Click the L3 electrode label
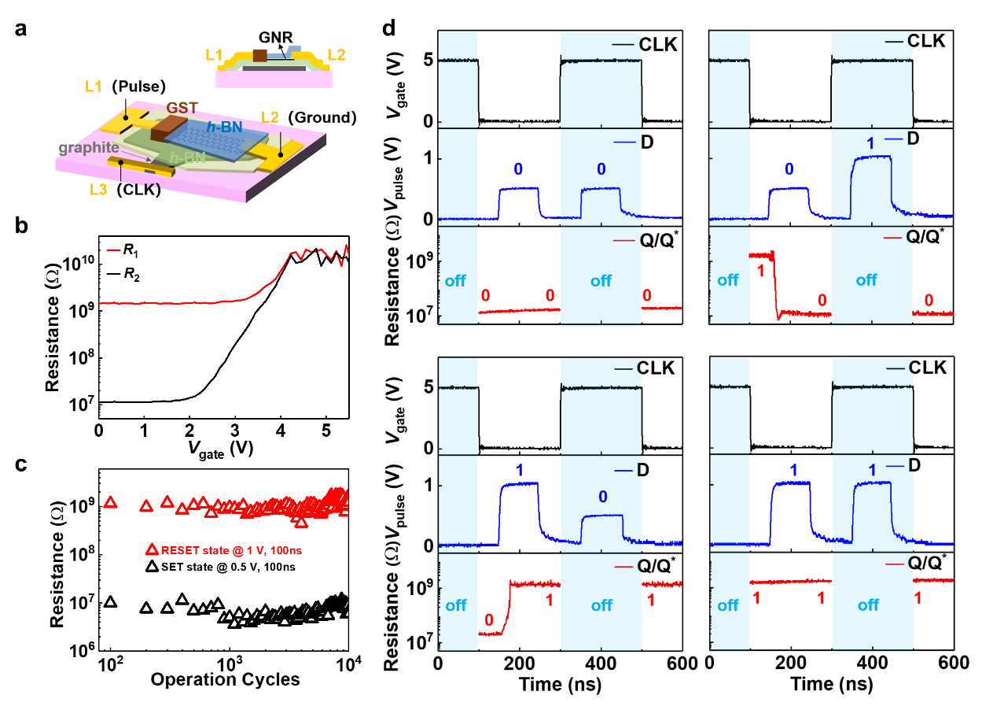pos(98,189)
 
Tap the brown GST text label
pos(182,108)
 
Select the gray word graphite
pos(89,147)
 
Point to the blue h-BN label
pos(223,126)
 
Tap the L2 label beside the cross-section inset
pos(337,55)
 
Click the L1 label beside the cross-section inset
pos(214,55)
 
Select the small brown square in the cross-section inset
pos(260,55)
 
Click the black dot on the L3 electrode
pos(121,162)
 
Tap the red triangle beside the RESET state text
pos(153,550)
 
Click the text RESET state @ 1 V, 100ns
pos(232,551)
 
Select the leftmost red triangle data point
pos(111,502)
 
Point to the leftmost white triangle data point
pos(111,602)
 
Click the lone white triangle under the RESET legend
pos(153,567)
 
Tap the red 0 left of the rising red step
pos(488,619)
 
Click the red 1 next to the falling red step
pos(760,270)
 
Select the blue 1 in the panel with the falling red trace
pos(870,145)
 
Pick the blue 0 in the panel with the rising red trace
pos(603,497)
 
